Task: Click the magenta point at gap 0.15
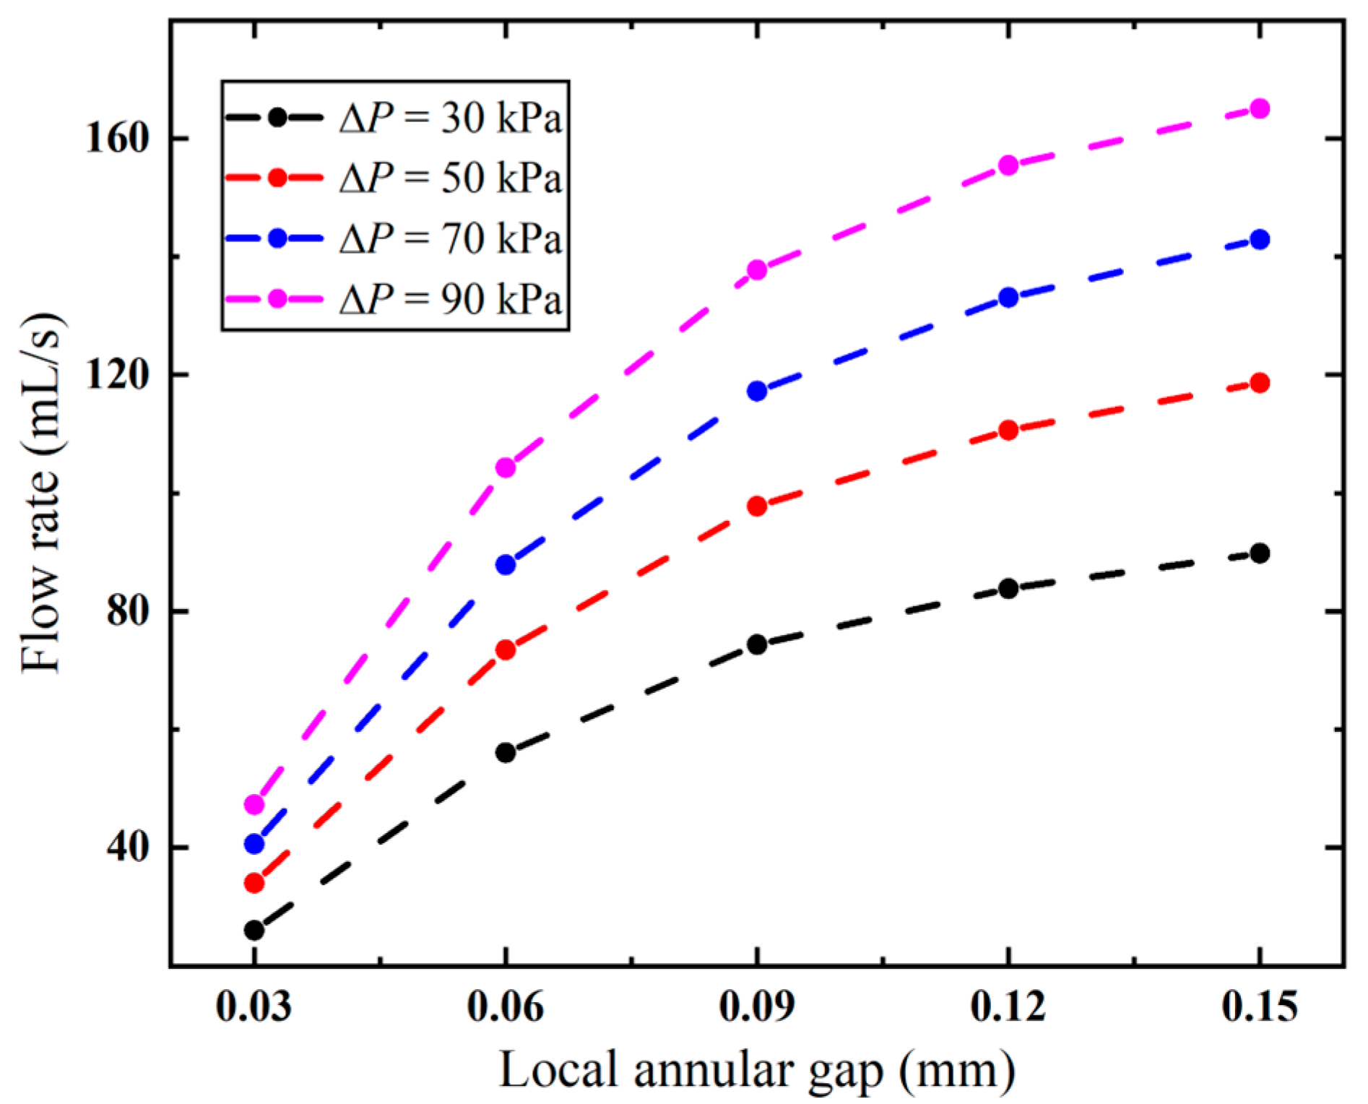tap(1259, 109)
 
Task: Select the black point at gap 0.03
tap(254, 930)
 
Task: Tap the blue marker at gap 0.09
tap(757, 391)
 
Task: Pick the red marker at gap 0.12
tap(1008, 431)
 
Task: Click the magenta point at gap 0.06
tap(506, 467)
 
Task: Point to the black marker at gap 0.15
tap(1259, 553)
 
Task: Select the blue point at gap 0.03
tap(254, 843)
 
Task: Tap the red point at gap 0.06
tap(506, 650)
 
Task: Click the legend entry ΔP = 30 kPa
tap(450, 118)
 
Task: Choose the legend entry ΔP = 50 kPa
tap(450, 178)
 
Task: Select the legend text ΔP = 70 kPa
tap(450, 238)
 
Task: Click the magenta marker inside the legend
tap(277, 298)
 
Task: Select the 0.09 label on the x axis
tap(756, 1006)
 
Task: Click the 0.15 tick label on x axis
tap(1259, 1006)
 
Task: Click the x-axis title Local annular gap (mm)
tap(756, 1070)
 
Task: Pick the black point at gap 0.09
tap(757, 644)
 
